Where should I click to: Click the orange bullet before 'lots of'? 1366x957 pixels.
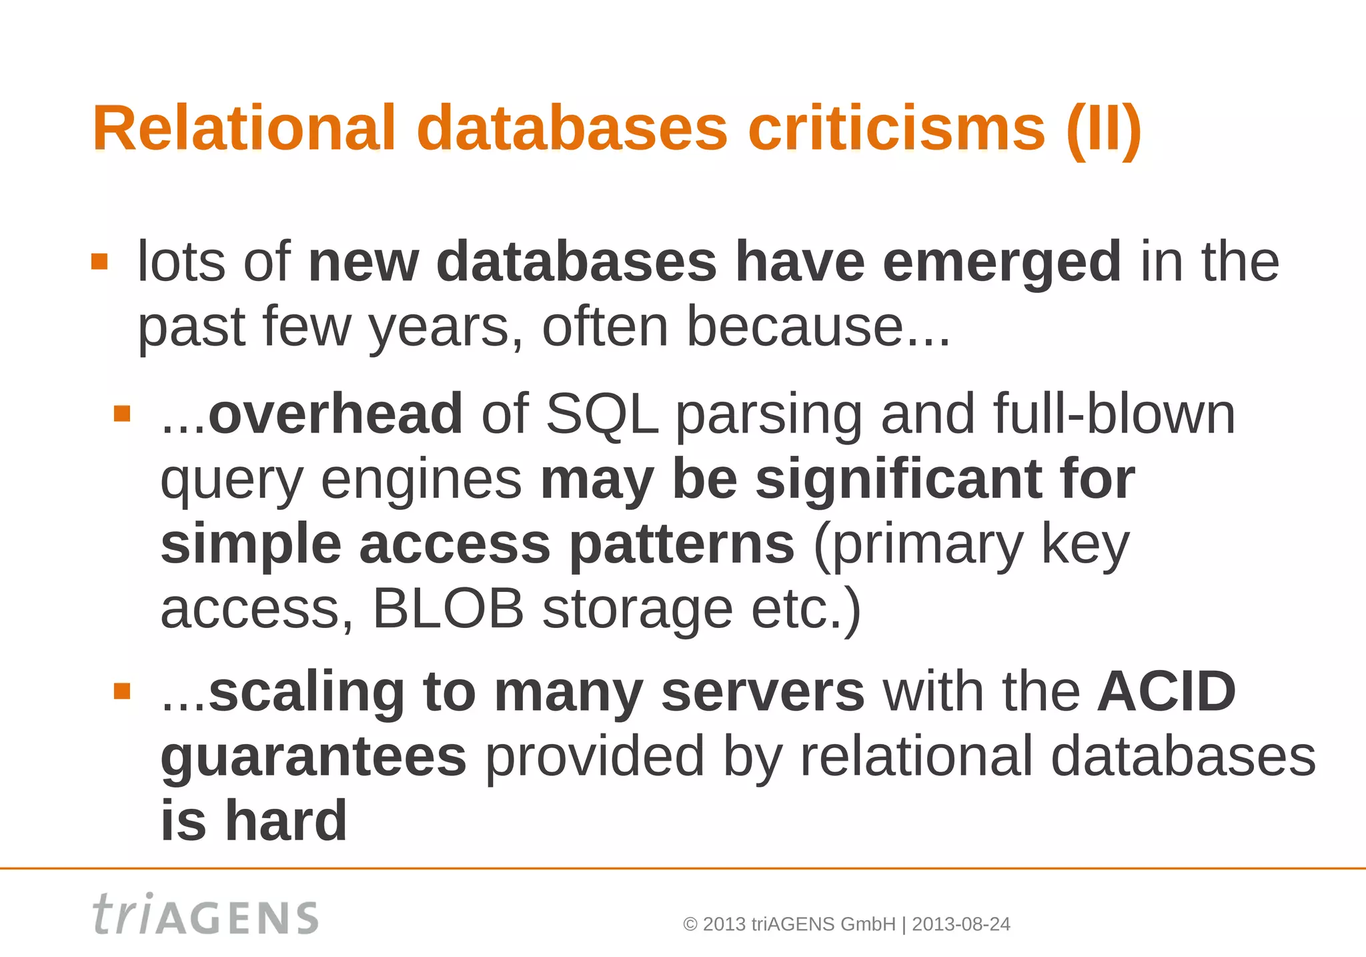click(99, 261)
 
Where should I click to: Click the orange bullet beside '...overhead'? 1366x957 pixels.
click(122, 414)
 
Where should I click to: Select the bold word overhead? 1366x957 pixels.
click(335, 414)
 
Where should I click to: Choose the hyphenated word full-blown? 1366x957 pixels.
click(1114, 414)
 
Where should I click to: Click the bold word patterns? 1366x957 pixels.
click(681, 544)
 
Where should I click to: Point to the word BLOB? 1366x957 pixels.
click(448, 609)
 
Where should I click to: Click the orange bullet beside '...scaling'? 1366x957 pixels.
click(122, 691)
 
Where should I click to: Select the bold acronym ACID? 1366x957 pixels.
click(1167, 691)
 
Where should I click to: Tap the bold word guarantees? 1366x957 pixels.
click(313, 757)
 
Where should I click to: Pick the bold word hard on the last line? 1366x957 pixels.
click(285, 821)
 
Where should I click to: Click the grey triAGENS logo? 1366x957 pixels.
click(205, 915)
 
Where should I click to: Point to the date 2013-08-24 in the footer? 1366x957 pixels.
click(960, 924)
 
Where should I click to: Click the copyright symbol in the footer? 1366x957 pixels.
click(690, 924)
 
